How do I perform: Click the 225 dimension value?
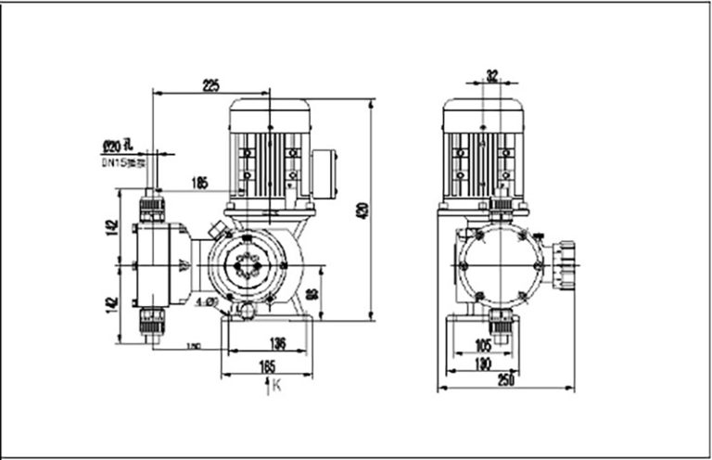coord(210,86)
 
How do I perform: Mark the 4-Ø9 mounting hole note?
coord(206,302)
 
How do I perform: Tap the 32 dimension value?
coord(492,75)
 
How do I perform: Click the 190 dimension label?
coord(480,364)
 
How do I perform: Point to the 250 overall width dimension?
coord(505,380)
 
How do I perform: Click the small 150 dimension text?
coord(194,346)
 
